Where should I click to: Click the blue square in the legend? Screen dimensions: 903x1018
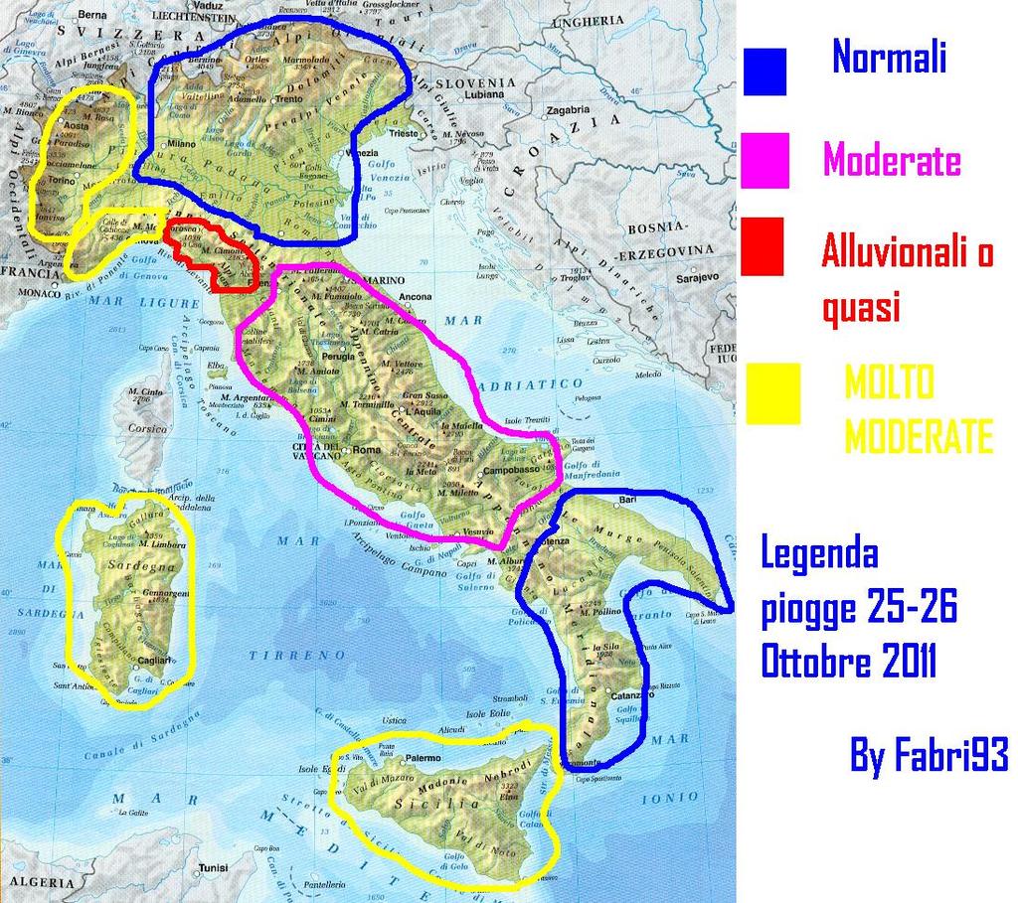click(764, 72)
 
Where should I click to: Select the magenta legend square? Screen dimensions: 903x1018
click(764, 160)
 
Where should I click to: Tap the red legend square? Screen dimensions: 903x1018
click(763, 246)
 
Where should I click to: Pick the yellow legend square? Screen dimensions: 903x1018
click(772, 393)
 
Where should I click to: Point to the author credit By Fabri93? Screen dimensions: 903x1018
click(929, 756)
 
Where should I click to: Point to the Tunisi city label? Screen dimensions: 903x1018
click(213, 866)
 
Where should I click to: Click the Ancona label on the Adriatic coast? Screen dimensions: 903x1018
click(415, 296)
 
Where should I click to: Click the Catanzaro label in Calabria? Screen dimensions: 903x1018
click(623, 695)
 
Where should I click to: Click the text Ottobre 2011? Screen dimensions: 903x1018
click(848, 663)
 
